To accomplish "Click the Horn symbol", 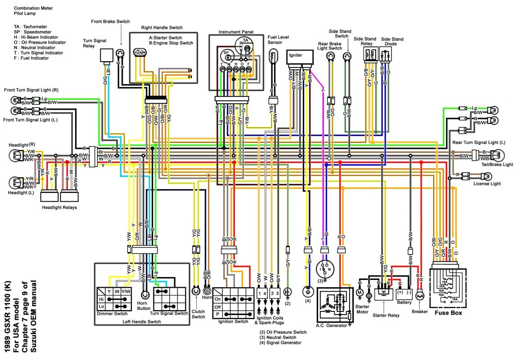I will coord(207,292).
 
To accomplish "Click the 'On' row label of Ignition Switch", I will coord(218,298).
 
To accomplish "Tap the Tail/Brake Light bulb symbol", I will coord(498,156).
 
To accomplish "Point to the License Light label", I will coord(487,184).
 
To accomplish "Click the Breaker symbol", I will coord(420,295).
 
